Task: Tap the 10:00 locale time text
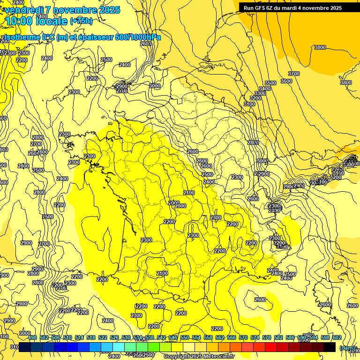36,21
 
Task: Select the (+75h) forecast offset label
81,21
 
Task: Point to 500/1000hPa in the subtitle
139,37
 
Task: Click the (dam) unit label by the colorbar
347,347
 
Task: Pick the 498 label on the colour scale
32,337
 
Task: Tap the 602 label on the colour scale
337,337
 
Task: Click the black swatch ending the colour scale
330,347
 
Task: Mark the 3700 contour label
294,74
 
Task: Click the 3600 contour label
286,81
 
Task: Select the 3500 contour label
270,83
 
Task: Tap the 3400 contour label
265,89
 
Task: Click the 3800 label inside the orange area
320,47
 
